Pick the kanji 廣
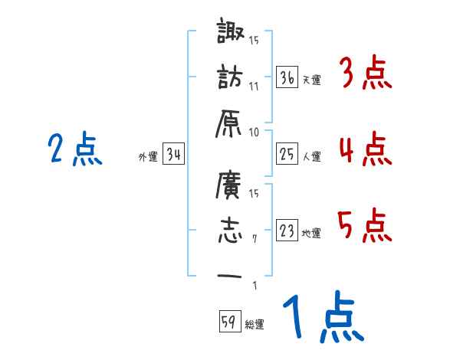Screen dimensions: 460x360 (x=229, y=185)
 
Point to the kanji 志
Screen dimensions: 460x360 (x=229, y=230)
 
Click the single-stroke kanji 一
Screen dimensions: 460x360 (x=229, y=275)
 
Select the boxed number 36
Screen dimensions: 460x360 (x=287, y=77)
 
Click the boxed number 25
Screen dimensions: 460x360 (x=287, y=155)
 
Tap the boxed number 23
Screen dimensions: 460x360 (x=287, y=231)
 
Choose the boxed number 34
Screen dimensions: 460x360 (x=174, y=155)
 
